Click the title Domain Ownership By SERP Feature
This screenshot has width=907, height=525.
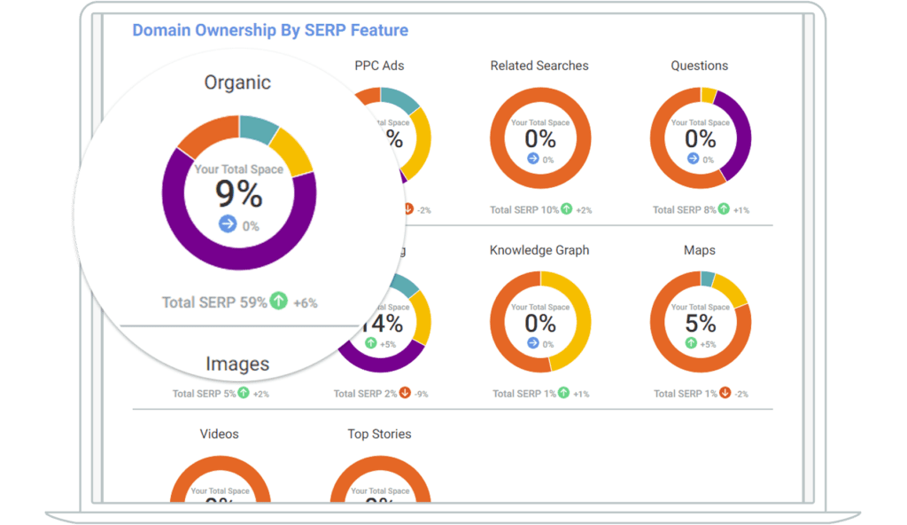coord(270,30)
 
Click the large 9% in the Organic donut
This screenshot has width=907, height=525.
coord(238,192)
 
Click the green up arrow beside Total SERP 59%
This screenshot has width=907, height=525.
coord(279,302)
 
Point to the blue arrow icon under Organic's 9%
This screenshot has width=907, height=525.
coord(228,224)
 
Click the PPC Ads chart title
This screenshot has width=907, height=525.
coord(379,66)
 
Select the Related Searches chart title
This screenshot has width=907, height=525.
coord(539,66)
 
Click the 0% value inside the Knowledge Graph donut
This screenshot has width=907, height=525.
coord(540,323)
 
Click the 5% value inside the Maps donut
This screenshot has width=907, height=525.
coord(700,323)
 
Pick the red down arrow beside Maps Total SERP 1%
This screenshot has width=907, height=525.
coord(725,393)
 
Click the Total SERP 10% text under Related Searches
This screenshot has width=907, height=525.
coord(523,210)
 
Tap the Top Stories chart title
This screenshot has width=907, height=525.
coord(379,434)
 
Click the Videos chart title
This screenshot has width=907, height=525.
coord(219,434)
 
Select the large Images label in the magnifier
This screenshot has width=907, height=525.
coord(237,364)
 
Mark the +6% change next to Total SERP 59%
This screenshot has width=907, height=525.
coord(306,303)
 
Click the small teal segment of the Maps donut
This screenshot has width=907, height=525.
coord(708,278)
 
